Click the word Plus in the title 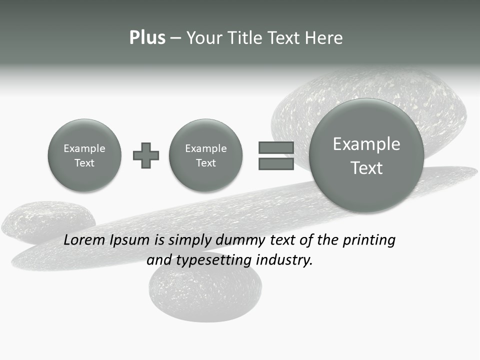pos(147,38)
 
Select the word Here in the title pos(323,38)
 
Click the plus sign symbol pos(146,155)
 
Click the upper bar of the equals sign pos(276,147)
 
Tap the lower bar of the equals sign pos(276,164)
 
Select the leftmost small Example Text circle pos(84,155)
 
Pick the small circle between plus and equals pos(206,155)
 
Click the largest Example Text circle pos(366,155)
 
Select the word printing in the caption pos(368,240)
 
